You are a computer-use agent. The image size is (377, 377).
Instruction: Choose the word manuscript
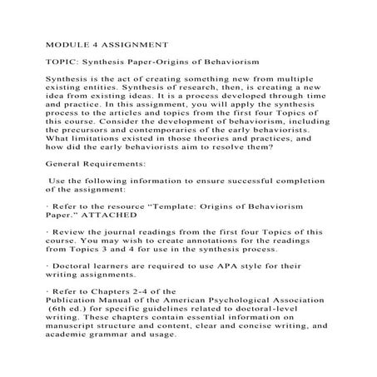tap(66, 360)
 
